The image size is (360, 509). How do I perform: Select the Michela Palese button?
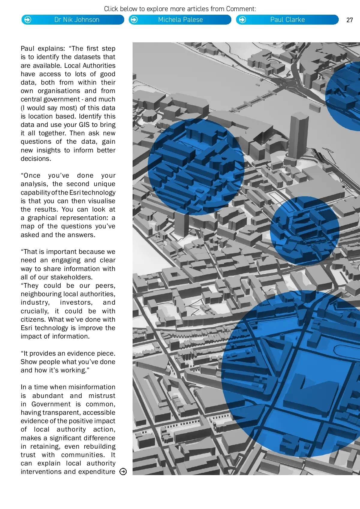pos(180,20)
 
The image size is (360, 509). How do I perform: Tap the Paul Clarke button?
pos(287,20)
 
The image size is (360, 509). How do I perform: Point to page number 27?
pos(349,20)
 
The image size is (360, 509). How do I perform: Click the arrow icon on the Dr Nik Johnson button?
pos(28,20)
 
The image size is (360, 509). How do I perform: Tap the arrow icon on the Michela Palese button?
pos(134,20)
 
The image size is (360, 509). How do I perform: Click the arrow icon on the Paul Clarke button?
pos(242,20)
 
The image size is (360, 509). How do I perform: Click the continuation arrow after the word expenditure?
pos(123,472)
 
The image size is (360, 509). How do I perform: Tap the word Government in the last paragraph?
pos(51,404)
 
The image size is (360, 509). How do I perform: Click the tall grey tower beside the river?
pos(298,135)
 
